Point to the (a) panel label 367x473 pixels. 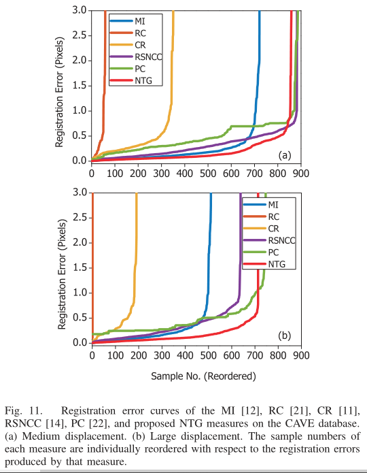[x=284, y=156]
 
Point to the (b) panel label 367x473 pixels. [x=285, y=336]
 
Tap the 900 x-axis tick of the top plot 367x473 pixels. [x=300, y=174]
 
